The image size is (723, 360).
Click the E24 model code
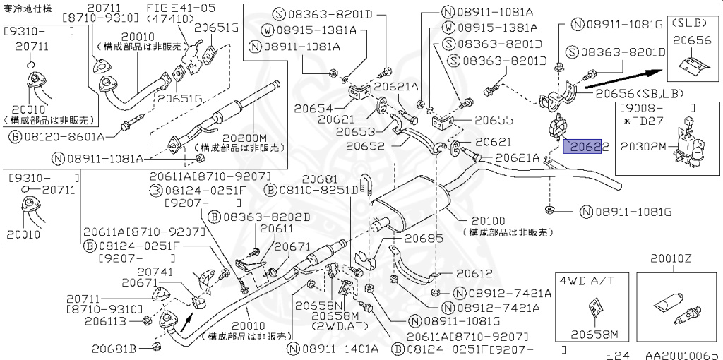coord(617,354)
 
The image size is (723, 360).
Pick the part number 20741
coord(156,271)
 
